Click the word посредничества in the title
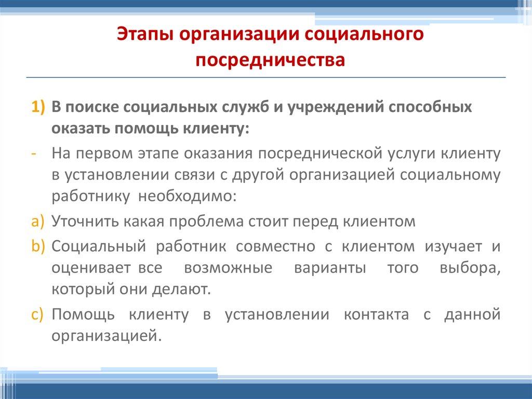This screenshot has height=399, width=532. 270,60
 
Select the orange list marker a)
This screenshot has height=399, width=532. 37,221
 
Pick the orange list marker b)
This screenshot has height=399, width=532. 37,247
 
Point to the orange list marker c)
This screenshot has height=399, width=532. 37,315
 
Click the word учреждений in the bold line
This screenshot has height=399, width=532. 341,108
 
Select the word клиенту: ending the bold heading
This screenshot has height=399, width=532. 214,128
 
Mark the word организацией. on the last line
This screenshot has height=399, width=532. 104,336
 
